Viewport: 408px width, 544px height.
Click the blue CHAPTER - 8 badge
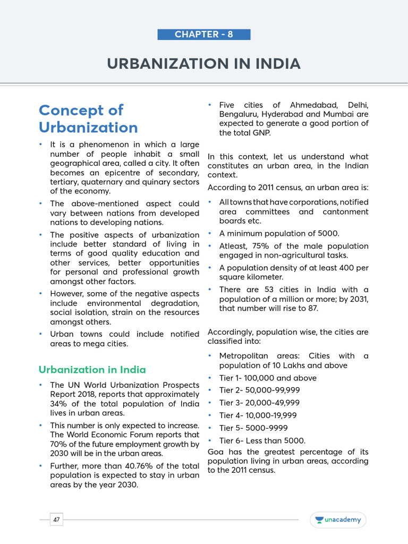pyautogui.click(x=203, y=35)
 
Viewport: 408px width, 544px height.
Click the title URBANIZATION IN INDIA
pyautogui.click(x=203, y=64)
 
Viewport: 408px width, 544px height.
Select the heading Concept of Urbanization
pyautogui.click(x=88, y=118)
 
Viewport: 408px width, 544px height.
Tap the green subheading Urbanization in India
pyautogui.click(x=92, y=370)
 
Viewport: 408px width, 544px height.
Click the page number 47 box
pyautogui.click(x=56, y=520)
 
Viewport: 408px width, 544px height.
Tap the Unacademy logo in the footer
pyautogui.click(x=338, y=520)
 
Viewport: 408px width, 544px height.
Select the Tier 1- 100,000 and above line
pyautogui.click(x=268, y=378)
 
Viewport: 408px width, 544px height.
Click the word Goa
pyautogui.click(x=216, y=452)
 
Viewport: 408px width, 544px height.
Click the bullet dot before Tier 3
pyautogui.click(x=210, y=403)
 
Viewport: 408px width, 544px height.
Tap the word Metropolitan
pyautogui.click(x=245, y=356)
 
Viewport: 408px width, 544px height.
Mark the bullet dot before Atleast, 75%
pyautogui.click(x=210, y=246)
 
